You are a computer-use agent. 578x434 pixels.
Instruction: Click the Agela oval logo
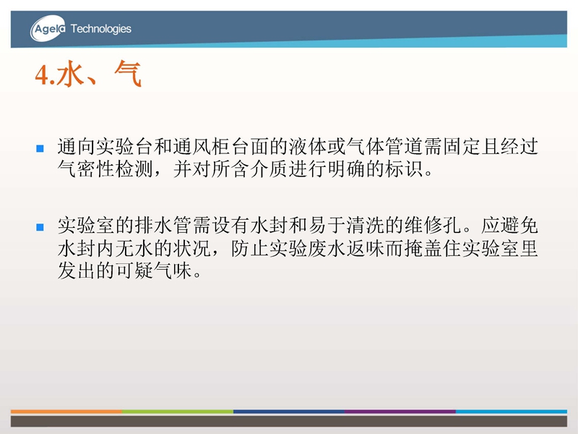pos(48,28)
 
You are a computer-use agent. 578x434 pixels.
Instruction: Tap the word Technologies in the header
pos(100,29)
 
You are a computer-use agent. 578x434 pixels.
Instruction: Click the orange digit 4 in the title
pos(41,75)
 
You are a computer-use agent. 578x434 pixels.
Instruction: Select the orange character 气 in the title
pos(128,74)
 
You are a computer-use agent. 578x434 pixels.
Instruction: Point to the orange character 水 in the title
pos(70,74)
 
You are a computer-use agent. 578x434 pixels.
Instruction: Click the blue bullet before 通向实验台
pos(40,148)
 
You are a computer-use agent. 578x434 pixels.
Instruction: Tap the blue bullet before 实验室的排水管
pos(40,227)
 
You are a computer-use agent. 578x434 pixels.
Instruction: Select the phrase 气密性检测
pos(105,169)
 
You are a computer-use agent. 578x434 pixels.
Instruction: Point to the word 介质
pos(269,169)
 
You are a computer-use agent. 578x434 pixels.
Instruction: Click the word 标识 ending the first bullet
pos(404,169)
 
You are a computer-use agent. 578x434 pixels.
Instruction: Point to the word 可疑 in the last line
pos(134,271)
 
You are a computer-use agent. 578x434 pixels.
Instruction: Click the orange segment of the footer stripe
pos(66,412)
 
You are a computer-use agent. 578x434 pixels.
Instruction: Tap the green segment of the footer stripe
pos(178,412)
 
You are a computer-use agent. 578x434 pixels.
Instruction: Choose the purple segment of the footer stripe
pos(400,412)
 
